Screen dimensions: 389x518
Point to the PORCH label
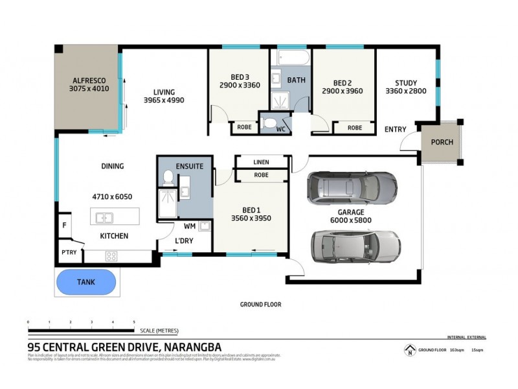(x=442, y=143)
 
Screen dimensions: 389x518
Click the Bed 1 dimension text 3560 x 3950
(x=251, y=218)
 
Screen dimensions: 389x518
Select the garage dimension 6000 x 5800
(x=350, y=220)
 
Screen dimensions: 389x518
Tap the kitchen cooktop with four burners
(x=111, y=255)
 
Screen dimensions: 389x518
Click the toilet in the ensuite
(x=168, y=177)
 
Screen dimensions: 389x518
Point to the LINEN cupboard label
(x=262, y=162)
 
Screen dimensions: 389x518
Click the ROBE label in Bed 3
(x=244, y=128)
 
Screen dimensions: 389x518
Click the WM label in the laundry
(x=190, y=227)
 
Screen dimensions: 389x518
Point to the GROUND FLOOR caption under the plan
(x=260, y=304)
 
